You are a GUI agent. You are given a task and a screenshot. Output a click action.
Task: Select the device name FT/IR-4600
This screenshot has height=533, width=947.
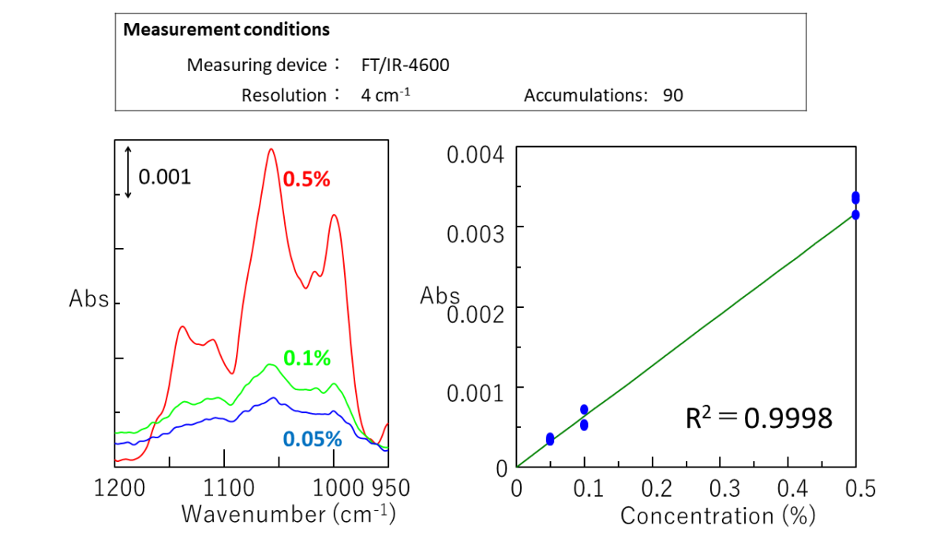click(405, 65)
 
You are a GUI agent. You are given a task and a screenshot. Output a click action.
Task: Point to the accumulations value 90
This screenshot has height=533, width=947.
click(673, 96)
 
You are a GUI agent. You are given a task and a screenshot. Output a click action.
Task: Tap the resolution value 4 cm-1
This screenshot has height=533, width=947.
click(386, 96)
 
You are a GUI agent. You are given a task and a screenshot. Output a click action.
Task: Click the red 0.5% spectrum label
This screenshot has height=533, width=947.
click(306, 179)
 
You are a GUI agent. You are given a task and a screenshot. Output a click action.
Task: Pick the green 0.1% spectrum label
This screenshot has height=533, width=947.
click(306, 358)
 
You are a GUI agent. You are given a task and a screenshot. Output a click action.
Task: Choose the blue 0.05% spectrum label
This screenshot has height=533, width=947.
click(312, 439)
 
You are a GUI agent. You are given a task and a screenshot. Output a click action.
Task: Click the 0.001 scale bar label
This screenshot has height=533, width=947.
click(165, 176)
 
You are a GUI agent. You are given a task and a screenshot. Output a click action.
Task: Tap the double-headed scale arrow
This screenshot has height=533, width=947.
click(128, 171)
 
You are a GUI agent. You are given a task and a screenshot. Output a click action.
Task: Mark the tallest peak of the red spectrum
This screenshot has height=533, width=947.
click(271, 149)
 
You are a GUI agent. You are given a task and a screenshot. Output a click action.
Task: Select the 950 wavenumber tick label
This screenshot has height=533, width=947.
click(387, 488)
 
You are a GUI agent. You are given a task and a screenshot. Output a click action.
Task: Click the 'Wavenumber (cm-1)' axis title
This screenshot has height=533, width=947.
click(288, 514)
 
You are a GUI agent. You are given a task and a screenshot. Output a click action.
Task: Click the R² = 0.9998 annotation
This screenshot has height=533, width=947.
click(758, 417)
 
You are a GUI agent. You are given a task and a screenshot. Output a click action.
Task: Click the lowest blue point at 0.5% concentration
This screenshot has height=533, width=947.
click(855, 214)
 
